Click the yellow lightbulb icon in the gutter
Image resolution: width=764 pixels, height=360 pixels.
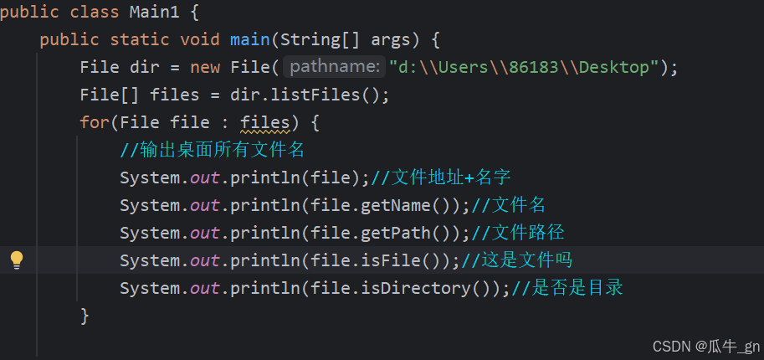pos(17,260)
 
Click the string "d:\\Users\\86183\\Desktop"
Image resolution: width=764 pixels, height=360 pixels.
pos(524,67)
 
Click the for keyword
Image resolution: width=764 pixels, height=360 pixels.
pos(95,122)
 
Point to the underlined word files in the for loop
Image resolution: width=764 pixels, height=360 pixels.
pos(264,122)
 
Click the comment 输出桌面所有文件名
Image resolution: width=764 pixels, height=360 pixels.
pos(213,151)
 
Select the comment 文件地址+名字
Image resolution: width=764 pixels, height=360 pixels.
pos(441,177)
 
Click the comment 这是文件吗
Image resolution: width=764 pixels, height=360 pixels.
pos(518,260)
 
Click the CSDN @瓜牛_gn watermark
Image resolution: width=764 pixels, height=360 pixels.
pos(705,346)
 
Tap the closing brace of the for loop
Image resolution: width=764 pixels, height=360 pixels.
pos(85,316)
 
